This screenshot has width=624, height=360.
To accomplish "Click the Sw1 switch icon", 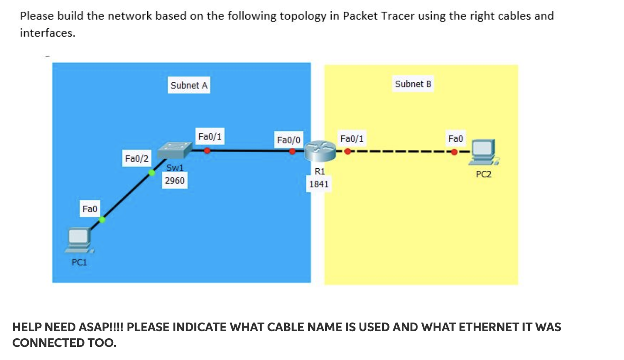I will click(x=174, y=151).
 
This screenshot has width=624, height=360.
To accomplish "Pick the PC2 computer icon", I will click(x=483, y=153).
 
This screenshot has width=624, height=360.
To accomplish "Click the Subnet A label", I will click(x=189, y=85).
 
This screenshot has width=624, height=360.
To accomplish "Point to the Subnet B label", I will click(x=413, y=84).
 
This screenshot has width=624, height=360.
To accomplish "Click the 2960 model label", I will click(x=174, y=180).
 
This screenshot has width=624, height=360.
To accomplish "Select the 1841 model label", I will click(x=319, y=184).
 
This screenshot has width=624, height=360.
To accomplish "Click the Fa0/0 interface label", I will click(x=289, y=140).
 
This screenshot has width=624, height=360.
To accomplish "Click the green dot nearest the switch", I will click(x=152, y=173).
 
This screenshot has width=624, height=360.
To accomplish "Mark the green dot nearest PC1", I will click(x=102, y=220).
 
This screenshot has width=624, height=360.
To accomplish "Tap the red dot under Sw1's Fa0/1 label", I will click(x=207, y=151).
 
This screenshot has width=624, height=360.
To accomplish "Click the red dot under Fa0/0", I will click(x=292, y=152).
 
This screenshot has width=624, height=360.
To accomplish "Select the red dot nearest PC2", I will click(x=454, y=152).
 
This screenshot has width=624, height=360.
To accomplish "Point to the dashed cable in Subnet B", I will click(x=401, y=152).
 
